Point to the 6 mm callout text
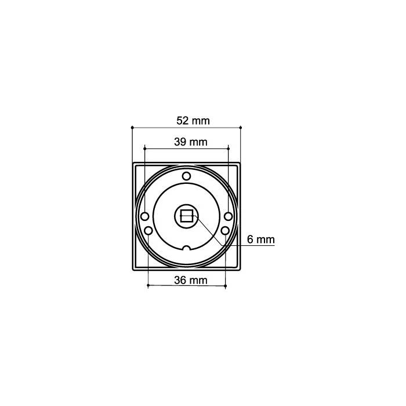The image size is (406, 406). pos(260,239)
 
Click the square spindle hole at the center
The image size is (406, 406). pos(187,217)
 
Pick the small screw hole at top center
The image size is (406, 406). pos(186,176)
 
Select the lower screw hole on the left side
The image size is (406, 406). pos(148,231)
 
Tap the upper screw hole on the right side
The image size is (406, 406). pos(229,216)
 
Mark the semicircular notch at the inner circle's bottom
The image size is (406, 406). pos(186,249)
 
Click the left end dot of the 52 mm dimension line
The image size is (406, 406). pos(133,126)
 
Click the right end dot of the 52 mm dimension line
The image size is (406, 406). pos(241,126)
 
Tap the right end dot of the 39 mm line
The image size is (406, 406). pos(229,147)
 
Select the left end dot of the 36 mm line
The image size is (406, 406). pos(148,285)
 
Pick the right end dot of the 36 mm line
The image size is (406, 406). pos(225,285)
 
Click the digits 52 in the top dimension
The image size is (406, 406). pos(182,121)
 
